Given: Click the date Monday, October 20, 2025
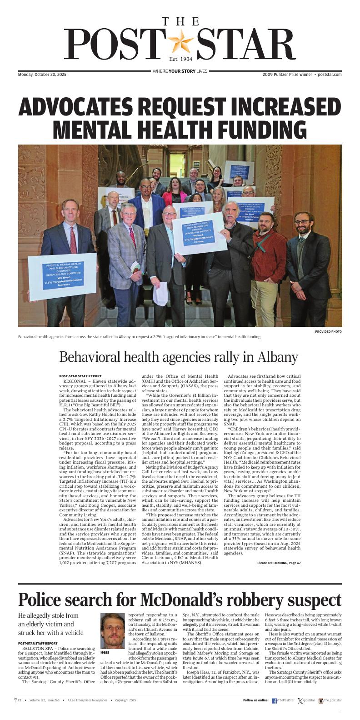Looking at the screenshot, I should pyautogui.click(x=42, y=75).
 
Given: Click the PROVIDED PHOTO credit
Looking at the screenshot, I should pyautogui.click(x=328, y=332).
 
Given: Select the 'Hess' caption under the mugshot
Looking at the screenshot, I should pyautogui.click(x=105, y=652).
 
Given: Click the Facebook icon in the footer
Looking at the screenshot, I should pyautogui.click(x=275, y=701).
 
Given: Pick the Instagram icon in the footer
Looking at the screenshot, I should pyautogui.click(x=321, y=701).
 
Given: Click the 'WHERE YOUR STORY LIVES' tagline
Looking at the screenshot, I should pyautogui.click(x=180, y=71).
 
